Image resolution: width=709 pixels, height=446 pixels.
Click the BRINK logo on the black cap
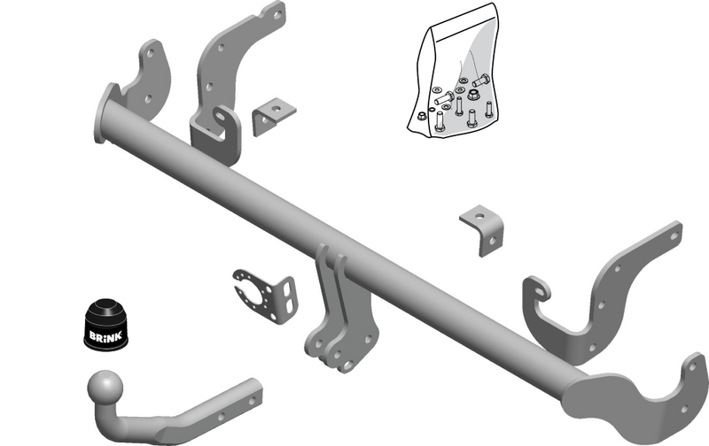click(105, 336)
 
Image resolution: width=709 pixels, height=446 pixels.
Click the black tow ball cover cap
click(105, 325)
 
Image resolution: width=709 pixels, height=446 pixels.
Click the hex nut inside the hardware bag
click(473, 95)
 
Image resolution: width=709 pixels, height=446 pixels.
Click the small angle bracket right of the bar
click(483, 230)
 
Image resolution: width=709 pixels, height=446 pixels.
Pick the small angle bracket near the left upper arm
click(274, 116)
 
